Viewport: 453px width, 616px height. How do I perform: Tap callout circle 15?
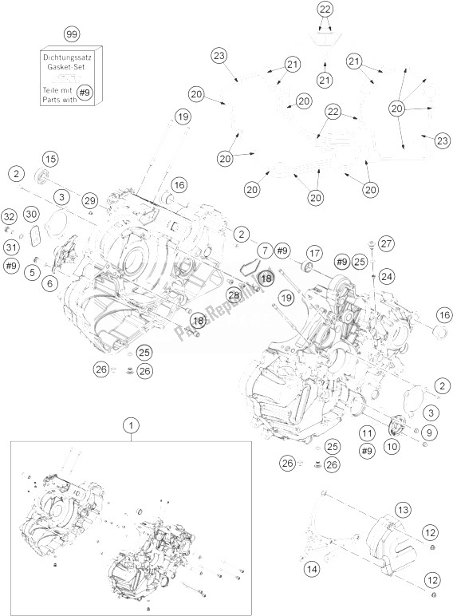point(50,157)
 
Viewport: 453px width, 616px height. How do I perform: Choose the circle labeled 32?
point(9,217)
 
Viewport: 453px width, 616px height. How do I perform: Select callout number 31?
point(10,247)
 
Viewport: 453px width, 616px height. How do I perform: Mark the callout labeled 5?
point(31,273)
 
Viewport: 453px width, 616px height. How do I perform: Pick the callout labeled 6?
point(50,283)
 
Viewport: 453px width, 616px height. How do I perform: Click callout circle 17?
point(313,253)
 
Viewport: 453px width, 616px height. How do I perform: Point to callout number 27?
point(387,243)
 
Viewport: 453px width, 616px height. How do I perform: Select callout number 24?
point(386,276)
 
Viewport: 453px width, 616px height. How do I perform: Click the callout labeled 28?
point(234,295)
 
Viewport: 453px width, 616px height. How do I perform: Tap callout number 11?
point(366,433)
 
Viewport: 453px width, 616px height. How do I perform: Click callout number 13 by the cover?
point(403,510)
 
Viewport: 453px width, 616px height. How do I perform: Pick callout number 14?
point(312,568)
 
